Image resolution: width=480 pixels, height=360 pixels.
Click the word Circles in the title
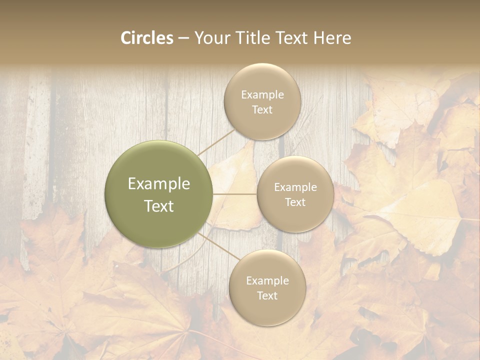point(146,38)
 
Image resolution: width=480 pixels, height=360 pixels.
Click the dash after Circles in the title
point(183,38)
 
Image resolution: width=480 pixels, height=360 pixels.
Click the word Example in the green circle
point(159,184)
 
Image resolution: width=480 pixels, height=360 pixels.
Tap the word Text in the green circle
point(159,206)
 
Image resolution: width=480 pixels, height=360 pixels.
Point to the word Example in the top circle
point(262,95)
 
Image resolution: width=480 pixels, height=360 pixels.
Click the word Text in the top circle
point(262,110)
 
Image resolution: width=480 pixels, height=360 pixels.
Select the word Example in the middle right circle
point(295,187)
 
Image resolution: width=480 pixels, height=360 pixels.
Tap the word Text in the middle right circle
point(295,202)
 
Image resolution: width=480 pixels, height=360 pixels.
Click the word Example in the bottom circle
point(267,281)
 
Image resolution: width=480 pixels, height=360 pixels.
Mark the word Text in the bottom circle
point(267,296)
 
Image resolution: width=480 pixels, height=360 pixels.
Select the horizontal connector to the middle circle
point(235,194)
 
